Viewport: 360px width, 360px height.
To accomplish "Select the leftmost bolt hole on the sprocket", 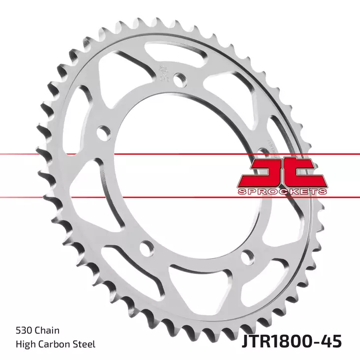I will [103, 132].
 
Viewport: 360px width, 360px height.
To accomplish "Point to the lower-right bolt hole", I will [248, 255].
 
